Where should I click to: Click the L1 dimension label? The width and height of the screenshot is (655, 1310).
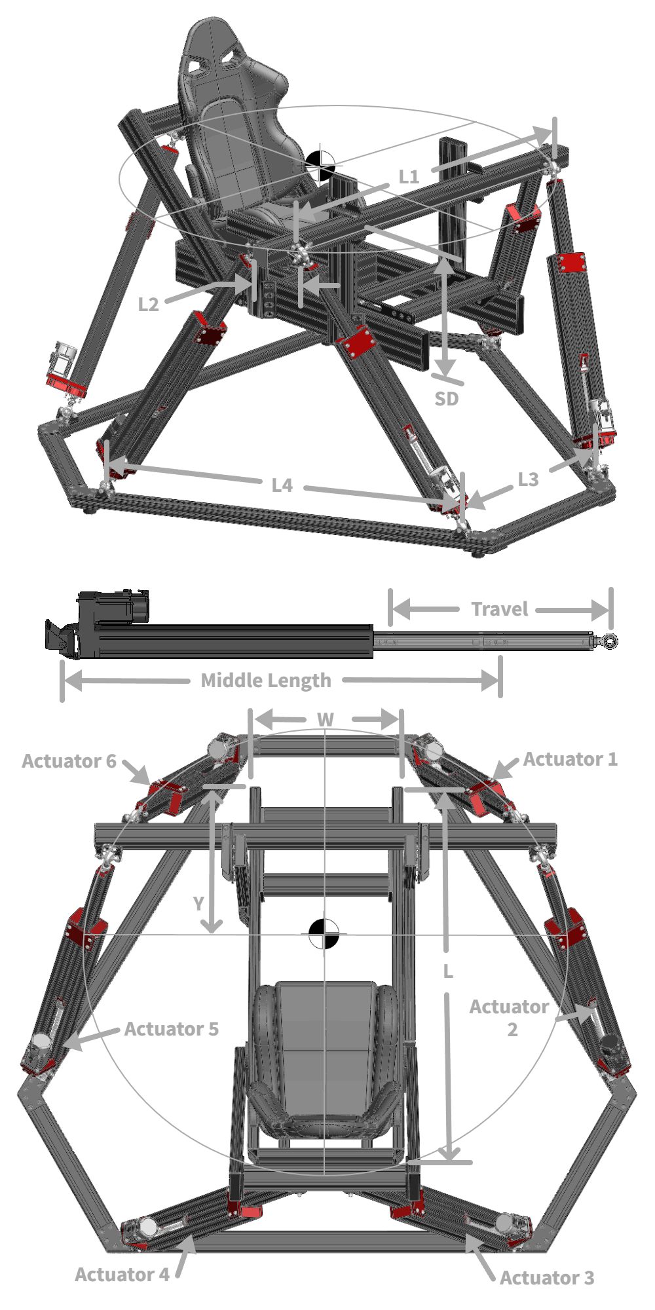coord(409,176)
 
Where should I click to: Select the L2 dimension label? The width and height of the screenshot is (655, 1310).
coord(149,305)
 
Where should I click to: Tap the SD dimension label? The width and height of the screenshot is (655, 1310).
coord(447,398)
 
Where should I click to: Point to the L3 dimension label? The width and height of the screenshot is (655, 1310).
coord(528,479)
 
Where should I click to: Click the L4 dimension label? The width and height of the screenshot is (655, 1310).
coord(282,485)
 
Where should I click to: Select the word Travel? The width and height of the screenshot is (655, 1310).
coord(499,609)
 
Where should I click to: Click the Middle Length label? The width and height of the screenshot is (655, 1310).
coord(266,681)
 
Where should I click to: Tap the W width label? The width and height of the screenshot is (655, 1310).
coord(326,720)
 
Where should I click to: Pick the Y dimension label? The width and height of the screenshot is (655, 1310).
coord(198,905)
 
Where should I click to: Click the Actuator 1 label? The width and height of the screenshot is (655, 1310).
coord(570,759)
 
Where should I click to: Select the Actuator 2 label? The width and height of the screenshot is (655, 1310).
coord(510,1017)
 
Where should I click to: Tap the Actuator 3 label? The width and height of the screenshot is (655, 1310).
coord(547,1278)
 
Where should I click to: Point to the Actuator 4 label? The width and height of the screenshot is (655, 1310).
coord(122,1275)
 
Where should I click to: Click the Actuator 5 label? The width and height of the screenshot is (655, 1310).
coord(172,1029)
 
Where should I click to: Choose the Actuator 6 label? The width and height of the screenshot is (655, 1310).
coord(69,761)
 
